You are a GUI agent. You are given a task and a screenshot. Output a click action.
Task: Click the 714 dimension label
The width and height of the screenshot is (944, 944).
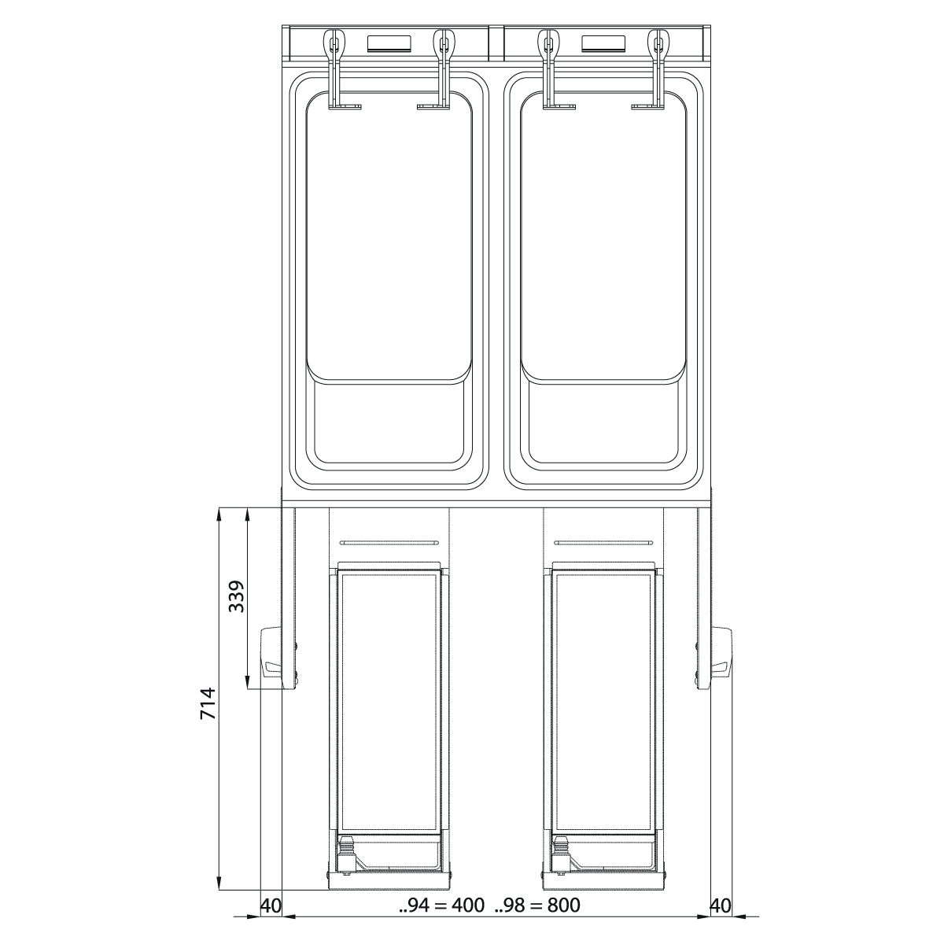pos(208,703)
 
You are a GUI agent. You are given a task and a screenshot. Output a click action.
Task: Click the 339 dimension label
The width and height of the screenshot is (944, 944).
pos(237,596)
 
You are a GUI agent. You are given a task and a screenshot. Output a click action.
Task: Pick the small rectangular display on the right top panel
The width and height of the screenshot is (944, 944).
pos(604,43)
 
